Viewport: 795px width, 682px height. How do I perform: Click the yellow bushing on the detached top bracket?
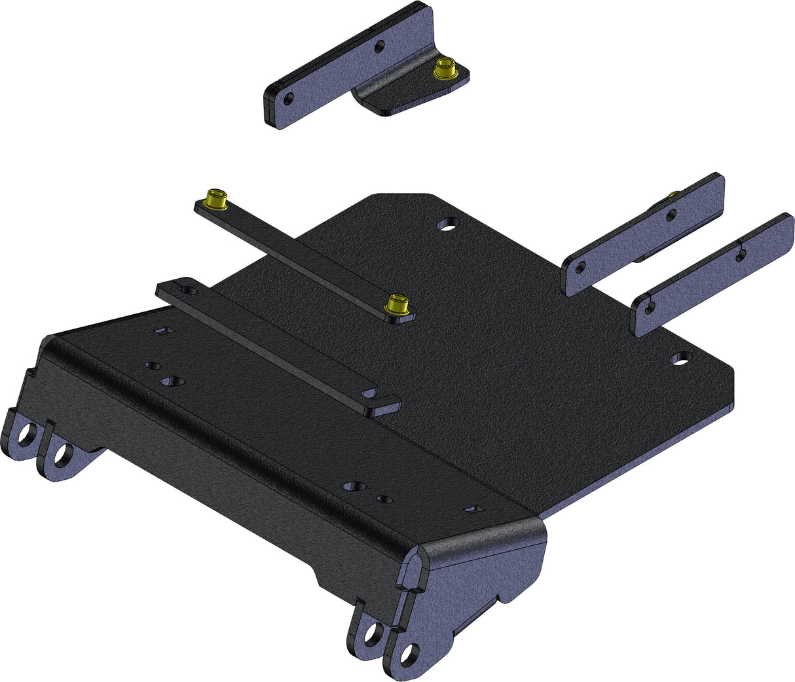click(446, 67)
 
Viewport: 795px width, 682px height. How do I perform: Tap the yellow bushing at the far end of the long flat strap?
click(217, 197)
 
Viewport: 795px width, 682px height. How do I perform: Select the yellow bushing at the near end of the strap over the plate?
click(396, 305)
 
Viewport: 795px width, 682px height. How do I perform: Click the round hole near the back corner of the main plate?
click(447, 224)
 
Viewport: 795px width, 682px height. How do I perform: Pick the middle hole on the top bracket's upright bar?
click(379, 46)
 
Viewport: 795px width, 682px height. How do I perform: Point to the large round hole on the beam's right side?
click(353, 486)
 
